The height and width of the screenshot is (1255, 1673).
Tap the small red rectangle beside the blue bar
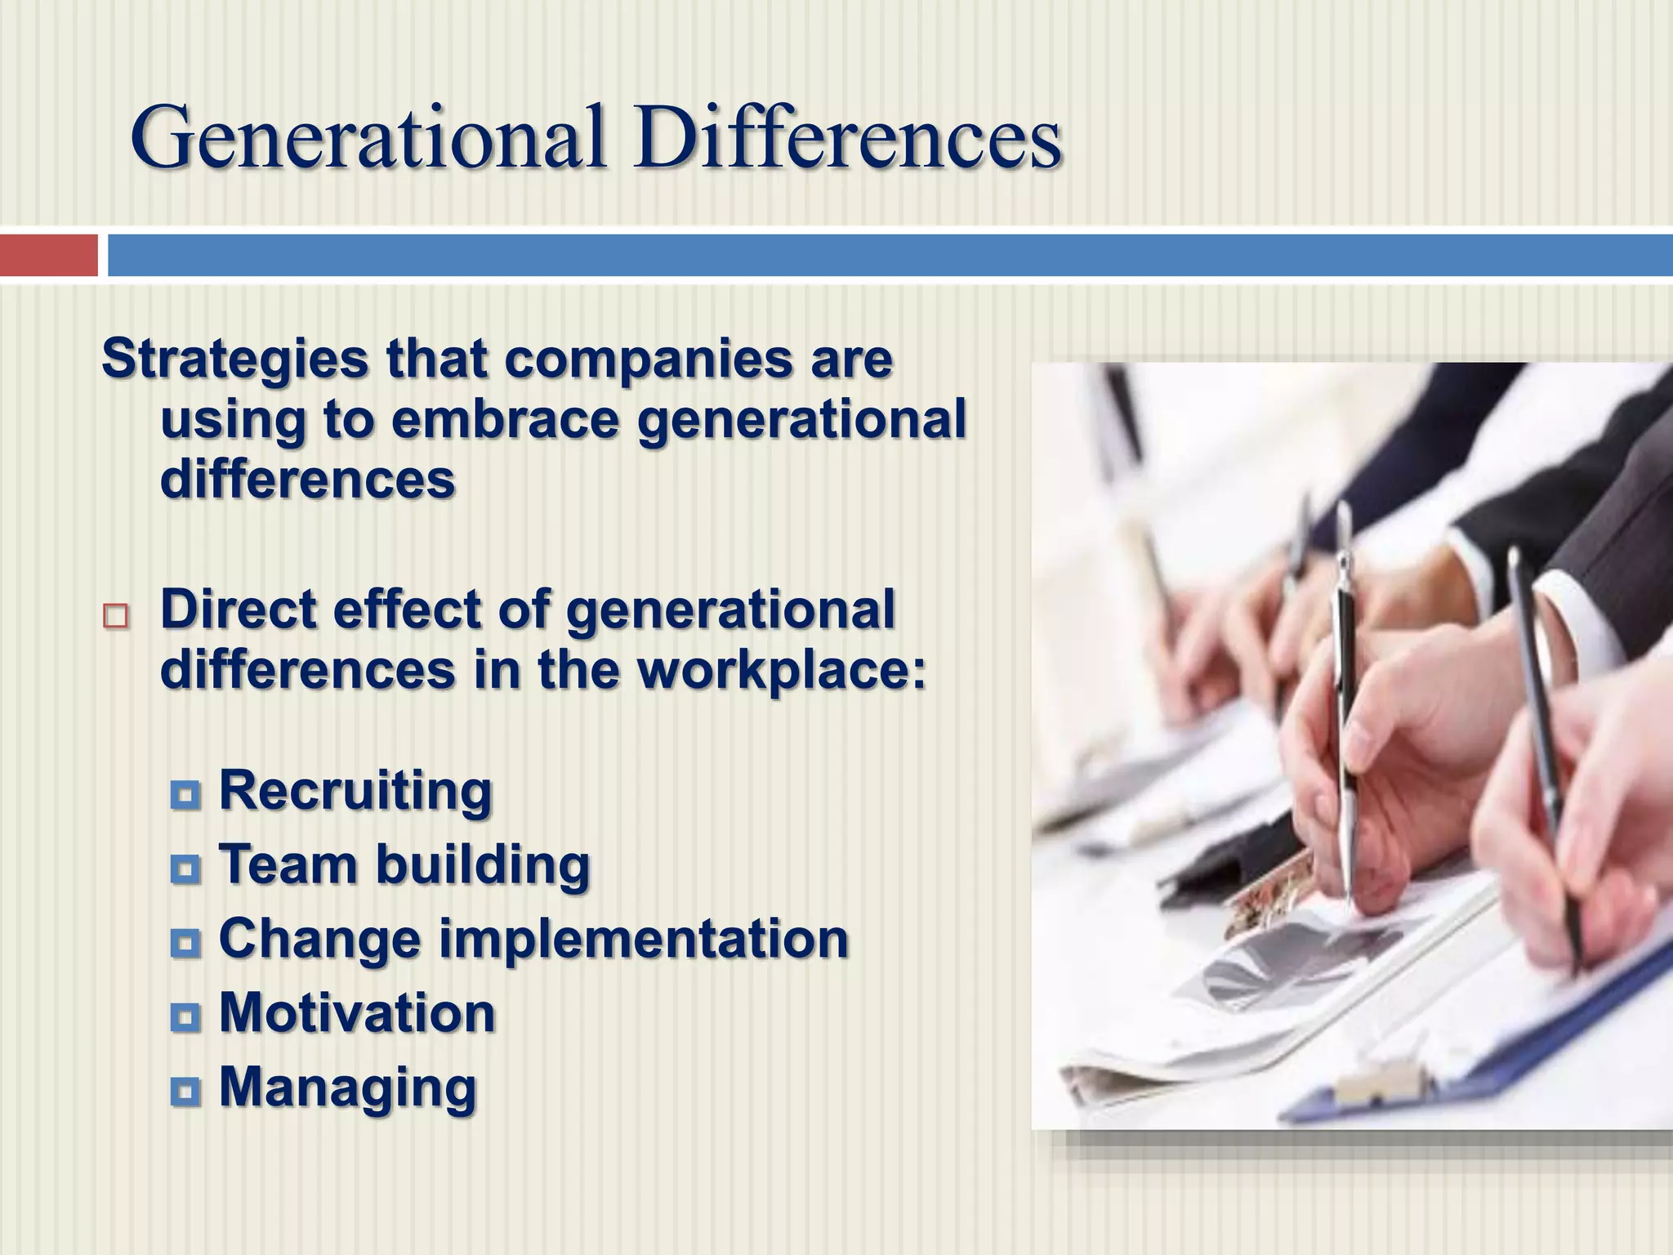[x=48, y=255]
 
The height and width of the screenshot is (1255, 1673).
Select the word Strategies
[x=235, y=361]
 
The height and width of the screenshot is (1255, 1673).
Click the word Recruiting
[x=355, y=791]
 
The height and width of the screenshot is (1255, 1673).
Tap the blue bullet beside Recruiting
[x=185, y=794]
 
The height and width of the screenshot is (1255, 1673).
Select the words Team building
[x=404, y=864]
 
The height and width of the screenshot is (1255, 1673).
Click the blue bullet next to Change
[x=185, y=943]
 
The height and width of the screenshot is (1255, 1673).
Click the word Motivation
[x=357, y=1013]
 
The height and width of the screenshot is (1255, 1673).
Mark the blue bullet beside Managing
[x=185, y=1090]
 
